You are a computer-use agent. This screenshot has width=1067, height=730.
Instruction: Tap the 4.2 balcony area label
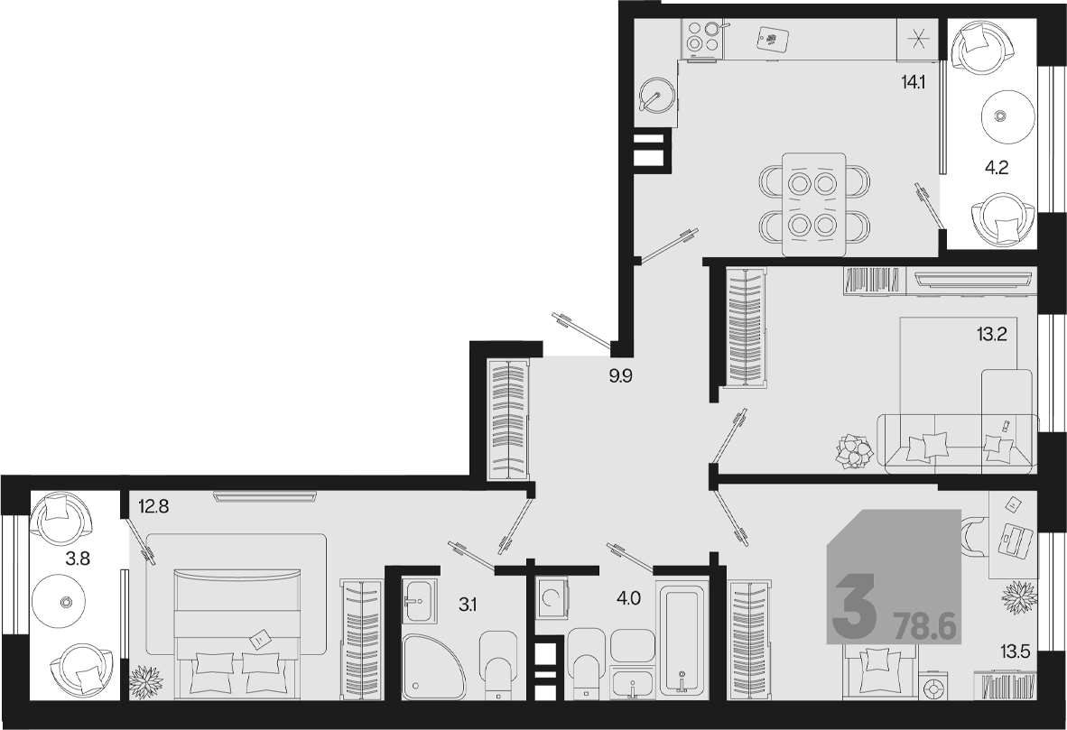coord(997,168)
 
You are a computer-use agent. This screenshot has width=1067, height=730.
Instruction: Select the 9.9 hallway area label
coord(620,375)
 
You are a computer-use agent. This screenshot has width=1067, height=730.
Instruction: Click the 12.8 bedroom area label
coord(153,506)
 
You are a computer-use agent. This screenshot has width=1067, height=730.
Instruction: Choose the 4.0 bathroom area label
coord(628,598)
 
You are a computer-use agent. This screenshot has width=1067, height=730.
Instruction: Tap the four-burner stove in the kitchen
coord(703,37)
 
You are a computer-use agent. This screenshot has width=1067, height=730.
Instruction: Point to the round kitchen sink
coord(657,98)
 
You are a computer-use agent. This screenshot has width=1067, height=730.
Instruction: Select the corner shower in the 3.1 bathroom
coord(434,666)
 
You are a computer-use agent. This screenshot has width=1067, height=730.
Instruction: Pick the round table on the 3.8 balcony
coord(66,602)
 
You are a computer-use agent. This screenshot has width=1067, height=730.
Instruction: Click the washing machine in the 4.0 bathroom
coord(552,598)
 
